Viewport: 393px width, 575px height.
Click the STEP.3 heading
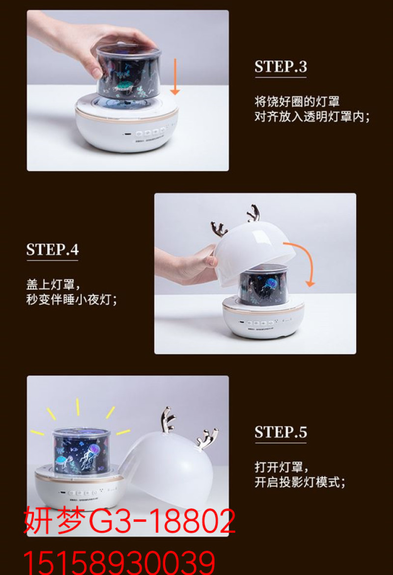click(281, 66)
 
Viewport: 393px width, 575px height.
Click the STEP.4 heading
click(53, 249)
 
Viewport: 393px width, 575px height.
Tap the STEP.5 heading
click(281, 432)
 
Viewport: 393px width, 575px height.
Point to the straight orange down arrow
click(175, 77)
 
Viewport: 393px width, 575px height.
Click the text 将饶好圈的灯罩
click(297, 101)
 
